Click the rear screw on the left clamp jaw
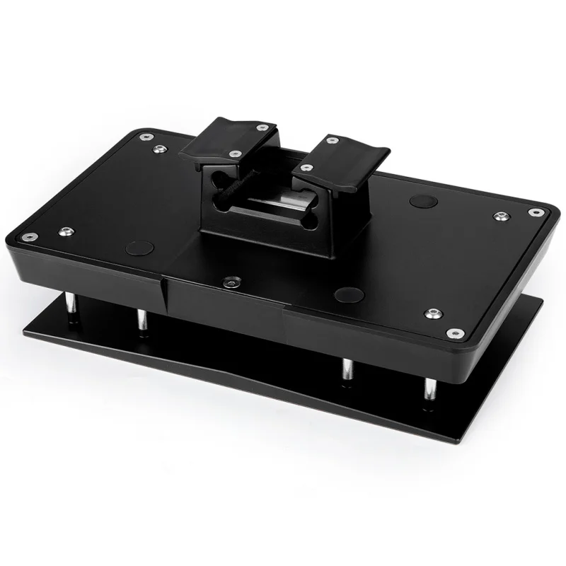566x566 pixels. pyautogui.click(x=262, y=127)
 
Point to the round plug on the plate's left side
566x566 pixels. pyautogui.click(x=139, y=248)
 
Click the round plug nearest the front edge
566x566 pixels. pyautogui.click(x=349, y=294)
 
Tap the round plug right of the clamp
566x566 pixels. pyautogui.click(x=423, y=200)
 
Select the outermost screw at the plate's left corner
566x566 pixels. pyautogui.click(x=28, y=238)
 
